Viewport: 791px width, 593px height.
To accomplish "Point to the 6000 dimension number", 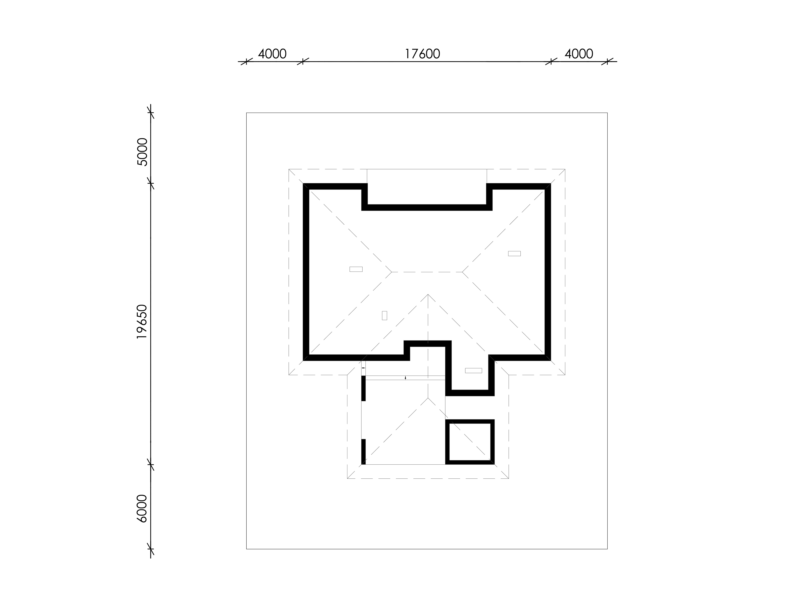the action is point(142,509).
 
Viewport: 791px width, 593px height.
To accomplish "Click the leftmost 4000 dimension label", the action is point(272,54).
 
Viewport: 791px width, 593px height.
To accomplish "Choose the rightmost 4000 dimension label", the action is point(579,54).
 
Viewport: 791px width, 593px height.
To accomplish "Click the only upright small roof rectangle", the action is point(384,315).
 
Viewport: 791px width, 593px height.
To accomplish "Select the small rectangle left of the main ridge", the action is point(356,269).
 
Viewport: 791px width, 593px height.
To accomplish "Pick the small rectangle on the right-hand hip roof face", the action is point(514,253).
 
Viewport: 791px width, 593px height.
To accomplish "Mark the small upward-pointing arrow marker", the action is point(405,377).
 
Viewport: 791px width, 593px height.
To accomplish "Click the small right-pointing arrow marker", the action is point(364,368).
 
